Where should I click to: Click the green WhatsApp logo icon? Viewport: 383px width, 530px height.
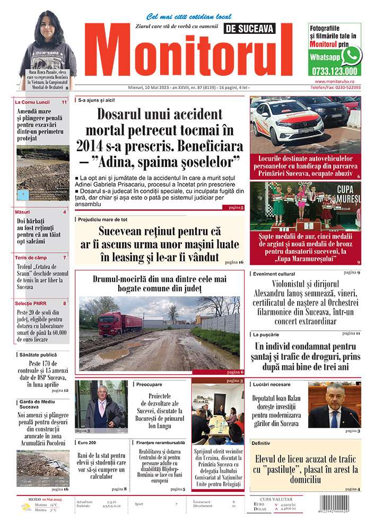point(351,55)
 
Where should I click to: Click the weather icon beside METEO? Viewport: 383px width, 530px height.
point(25,507)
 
